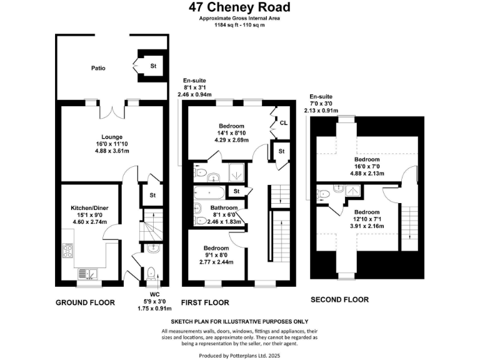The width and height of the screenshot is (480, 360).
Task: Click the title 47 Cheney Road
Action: point(239,7)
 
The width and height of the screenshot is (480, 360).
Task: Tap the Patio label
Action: point(97,67)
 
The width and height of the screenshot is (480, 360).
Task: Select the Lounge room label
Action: point(112,137)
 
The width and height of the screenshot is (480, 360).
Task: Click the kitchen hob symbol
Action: point(68,251)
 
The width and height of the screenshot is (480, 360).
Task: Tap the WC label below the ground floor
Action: point(155,293)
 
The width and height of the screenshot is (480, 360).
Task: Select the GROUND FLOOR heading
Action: point(86,302)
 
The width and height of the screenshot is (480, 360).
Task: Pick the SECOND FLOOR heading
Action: point(339,299)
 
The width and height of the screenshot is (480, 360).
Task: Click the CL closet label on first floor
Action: point(283,123)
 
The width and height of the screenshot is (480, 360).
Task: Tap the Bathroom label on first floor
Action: point(224,207)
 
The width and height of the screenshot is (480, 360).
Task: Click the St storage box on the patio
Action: point(152,66)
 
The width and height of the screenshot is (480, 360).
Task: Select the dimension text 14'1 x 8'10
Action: point(224,133)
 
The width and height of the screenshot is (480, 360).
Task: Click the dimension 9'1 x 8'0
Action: point(216,255)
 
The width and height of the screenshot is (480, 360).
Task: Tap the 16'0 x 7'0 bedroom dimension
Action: point(368,167)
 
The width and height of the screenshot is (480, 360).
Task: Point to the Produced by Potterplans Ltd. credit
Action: point(239,355)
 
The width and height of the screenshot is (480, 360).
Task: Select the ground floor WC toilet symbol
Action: point(152,272)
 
